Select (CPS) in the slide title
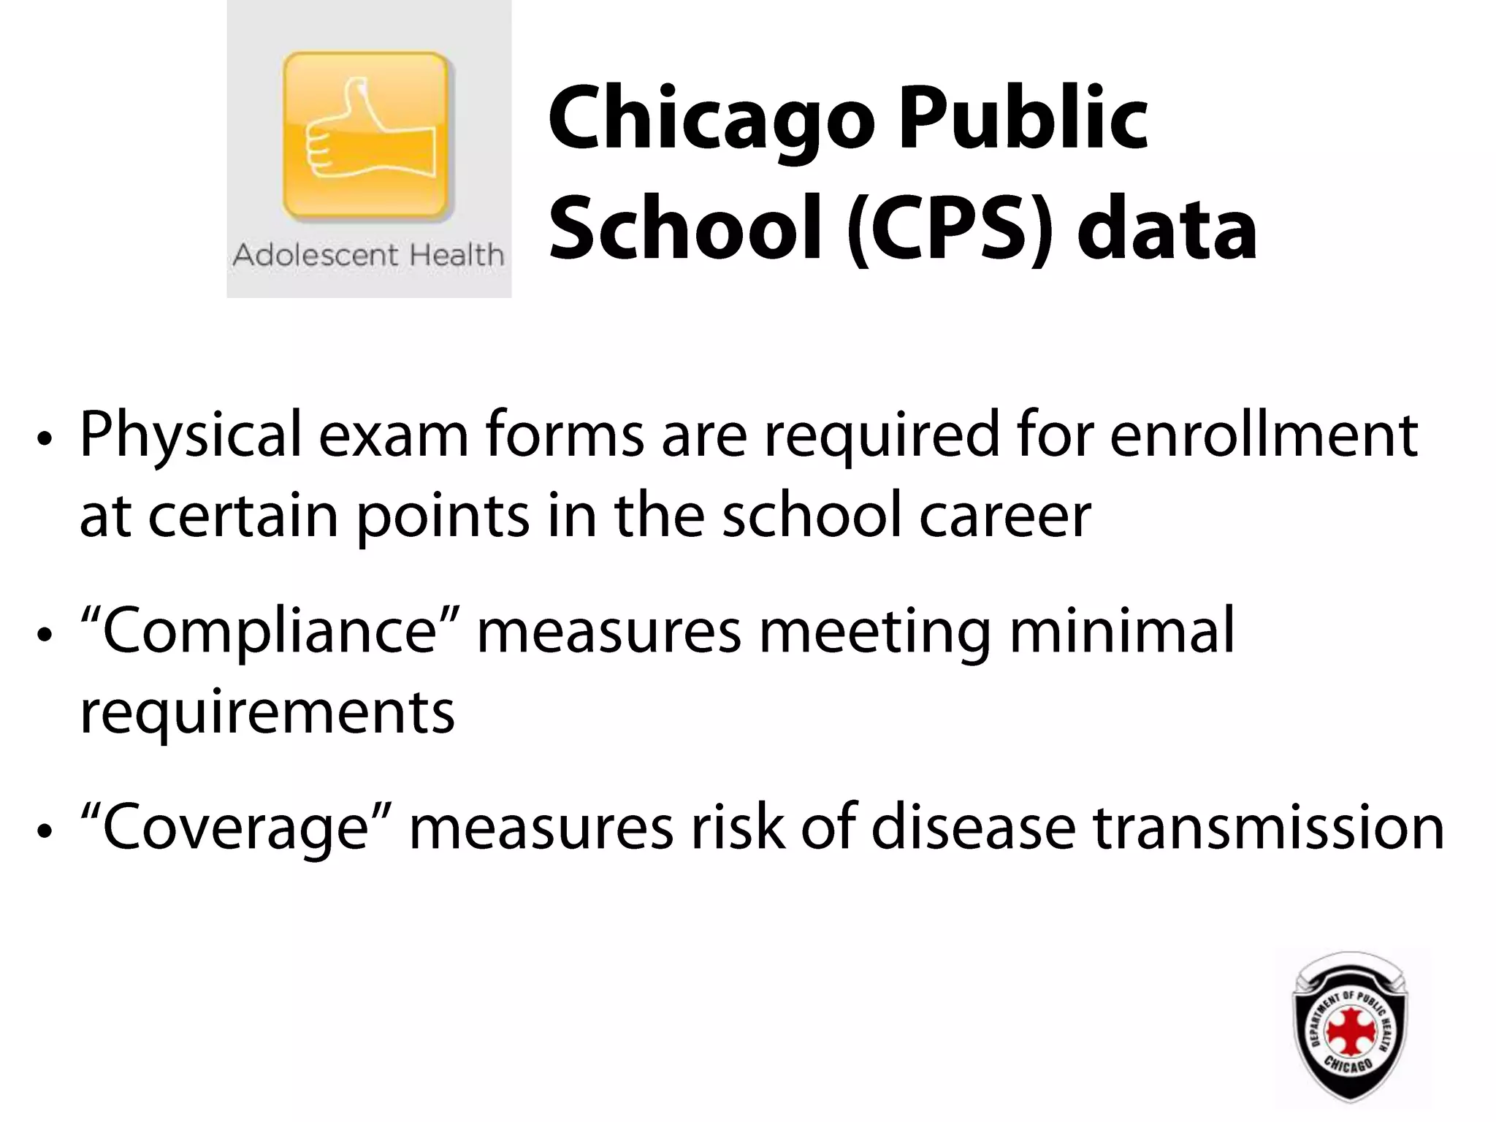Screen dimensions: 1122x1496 [950, 228]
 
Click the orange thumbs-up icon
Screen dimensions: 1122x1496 [367, 136]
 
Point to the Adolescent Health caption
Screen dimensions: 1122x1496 [368, 256]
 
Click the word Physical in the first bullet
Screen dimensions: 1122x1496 [190, 436]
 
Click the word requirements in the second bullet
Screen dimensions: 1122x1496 [267, 712]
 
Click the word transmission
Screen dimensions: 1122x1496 [1268, 828]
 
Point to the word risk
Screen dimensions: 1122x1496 [738, 828]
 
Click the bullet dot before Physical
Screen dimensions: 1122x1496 [45, 440]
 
